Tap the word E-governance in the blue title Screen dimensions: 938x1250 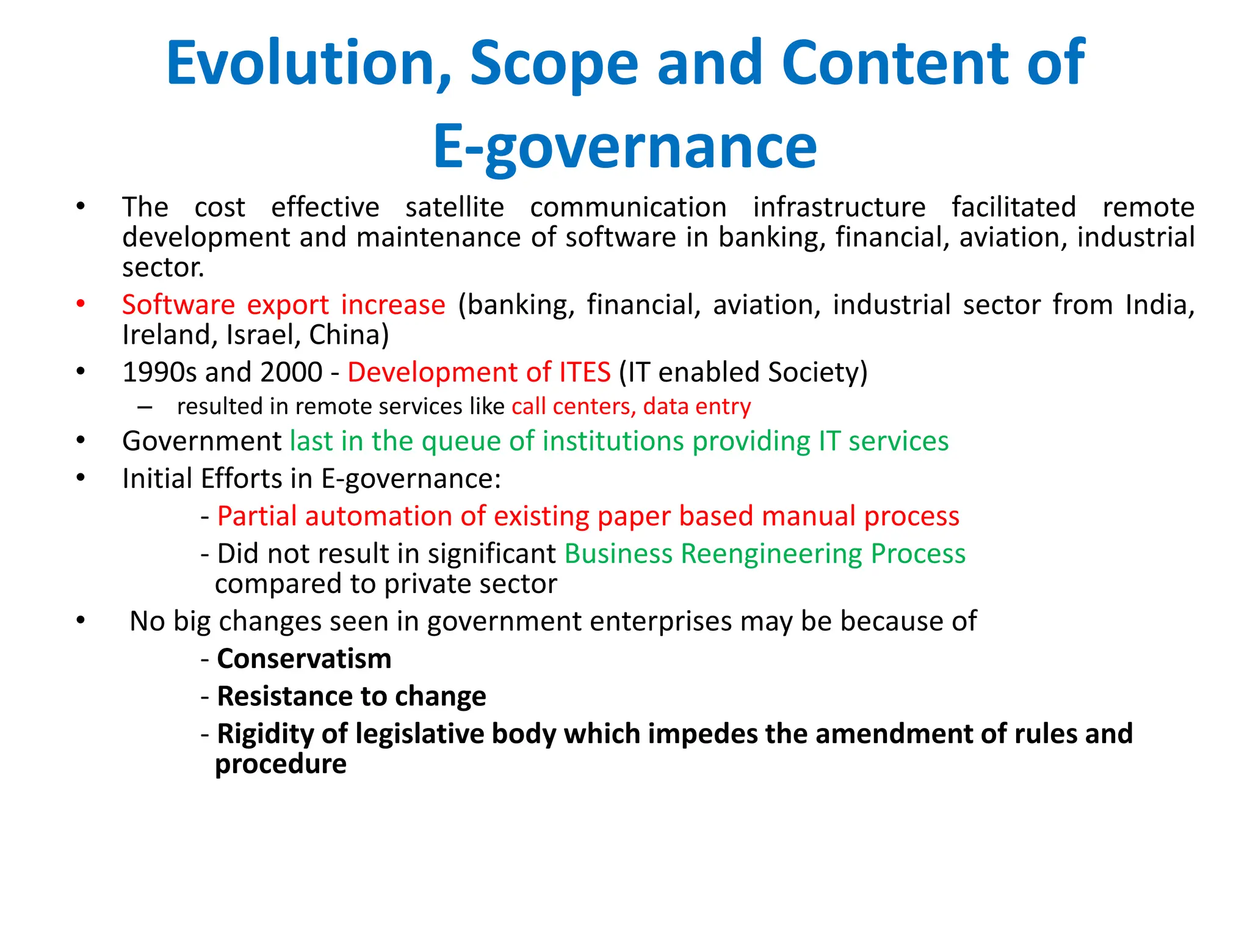pyautogui.click(x=624, y=147)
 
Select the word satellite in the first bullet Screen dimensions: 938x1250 pyautogui.click(x=455, y=207)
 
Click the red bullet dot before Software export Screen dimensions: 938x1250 pyautogui.click(x=81, y=304)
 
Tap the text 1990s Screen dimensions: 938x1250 pyautogui.click(x=161, y=372)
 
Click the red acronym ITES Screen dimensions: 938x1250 pyautogui.click(x=584, y=372)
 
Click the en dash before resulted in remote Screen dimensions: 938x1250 pyautogui.click(x=145, y=407)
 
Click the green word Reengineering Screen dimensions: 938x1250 pyautogui.click(x=771, y=554)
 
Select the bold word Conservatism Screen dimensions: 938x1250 pyautogui.click(x=304, y=659)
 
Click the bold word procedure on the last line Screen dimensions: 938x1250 pyautogui.click(x=281, y=764)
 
